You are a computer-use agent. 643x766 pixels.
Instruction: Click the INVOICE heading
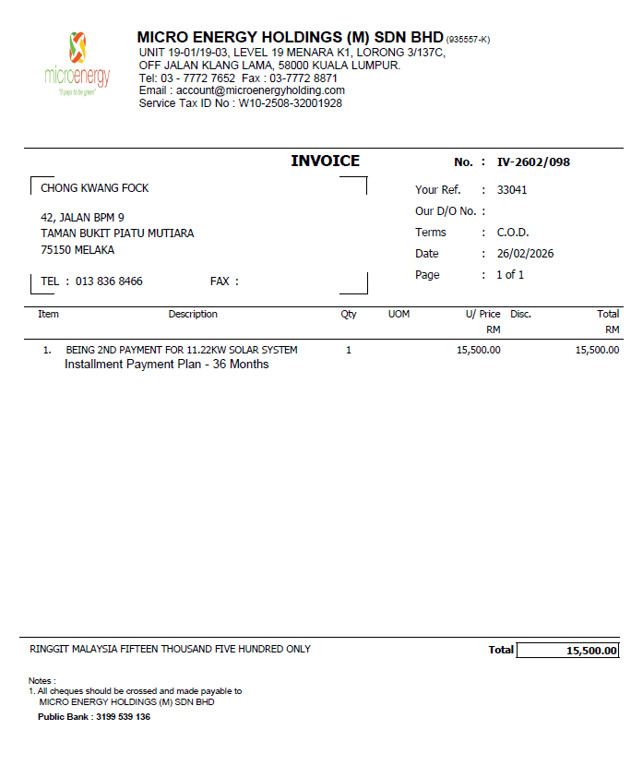click(325, 161)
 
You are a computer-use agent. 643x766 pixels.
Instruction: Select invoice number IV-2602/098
click(533, 162)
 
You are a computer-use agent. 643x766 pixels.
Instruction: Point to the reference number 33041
click(512, 190)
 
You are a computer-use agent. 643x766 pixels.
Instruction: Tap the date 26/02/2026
click(525, 254)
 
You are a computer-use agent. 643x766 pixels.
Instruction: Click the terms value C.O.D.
click(513, 233)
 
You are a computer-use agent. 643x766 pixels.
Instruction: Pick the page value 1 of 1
click(510, 275)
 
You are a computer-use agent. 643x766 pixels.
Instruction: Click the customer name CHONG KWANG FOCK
click(95, 188)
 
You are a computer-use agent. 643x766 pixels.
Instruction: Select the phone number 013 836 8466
click(109, 281)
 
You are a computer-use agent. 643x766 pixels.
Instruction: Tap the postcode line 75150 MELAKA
click(77, 250)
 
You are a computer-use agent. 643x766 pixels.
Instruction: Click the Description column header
click(193, 315)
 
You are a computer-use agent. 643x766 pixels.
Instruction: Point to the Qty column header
click(349, 315)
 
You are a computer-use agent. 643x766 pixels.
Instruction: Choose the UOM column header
click(399, 315)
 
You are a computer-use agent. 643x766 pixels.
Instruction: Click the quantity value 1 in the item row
click(349, 350)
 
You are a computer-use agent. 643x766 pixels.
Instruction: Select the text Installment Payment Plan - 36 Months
click(166, 365)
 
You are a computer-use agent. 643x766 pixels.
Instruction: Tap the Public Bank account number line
click(94, 717)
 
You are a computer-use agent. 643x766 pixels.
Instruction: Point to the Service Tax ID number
click(291, 103)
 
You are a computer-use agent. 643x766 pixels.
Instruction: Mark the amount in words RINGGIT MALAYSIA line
click(170, 650)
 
